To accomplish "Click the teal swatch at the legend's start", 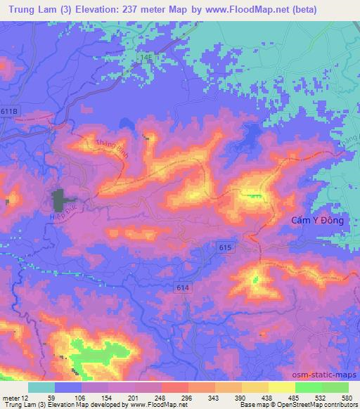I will (x=41, y=387).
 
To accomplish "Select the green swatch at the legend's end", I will (x=335, y=387).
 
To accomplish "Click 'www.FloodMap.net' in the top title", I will (x=243, y=10).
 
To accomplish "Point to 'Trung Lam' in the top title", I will (x=31, y=10).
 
